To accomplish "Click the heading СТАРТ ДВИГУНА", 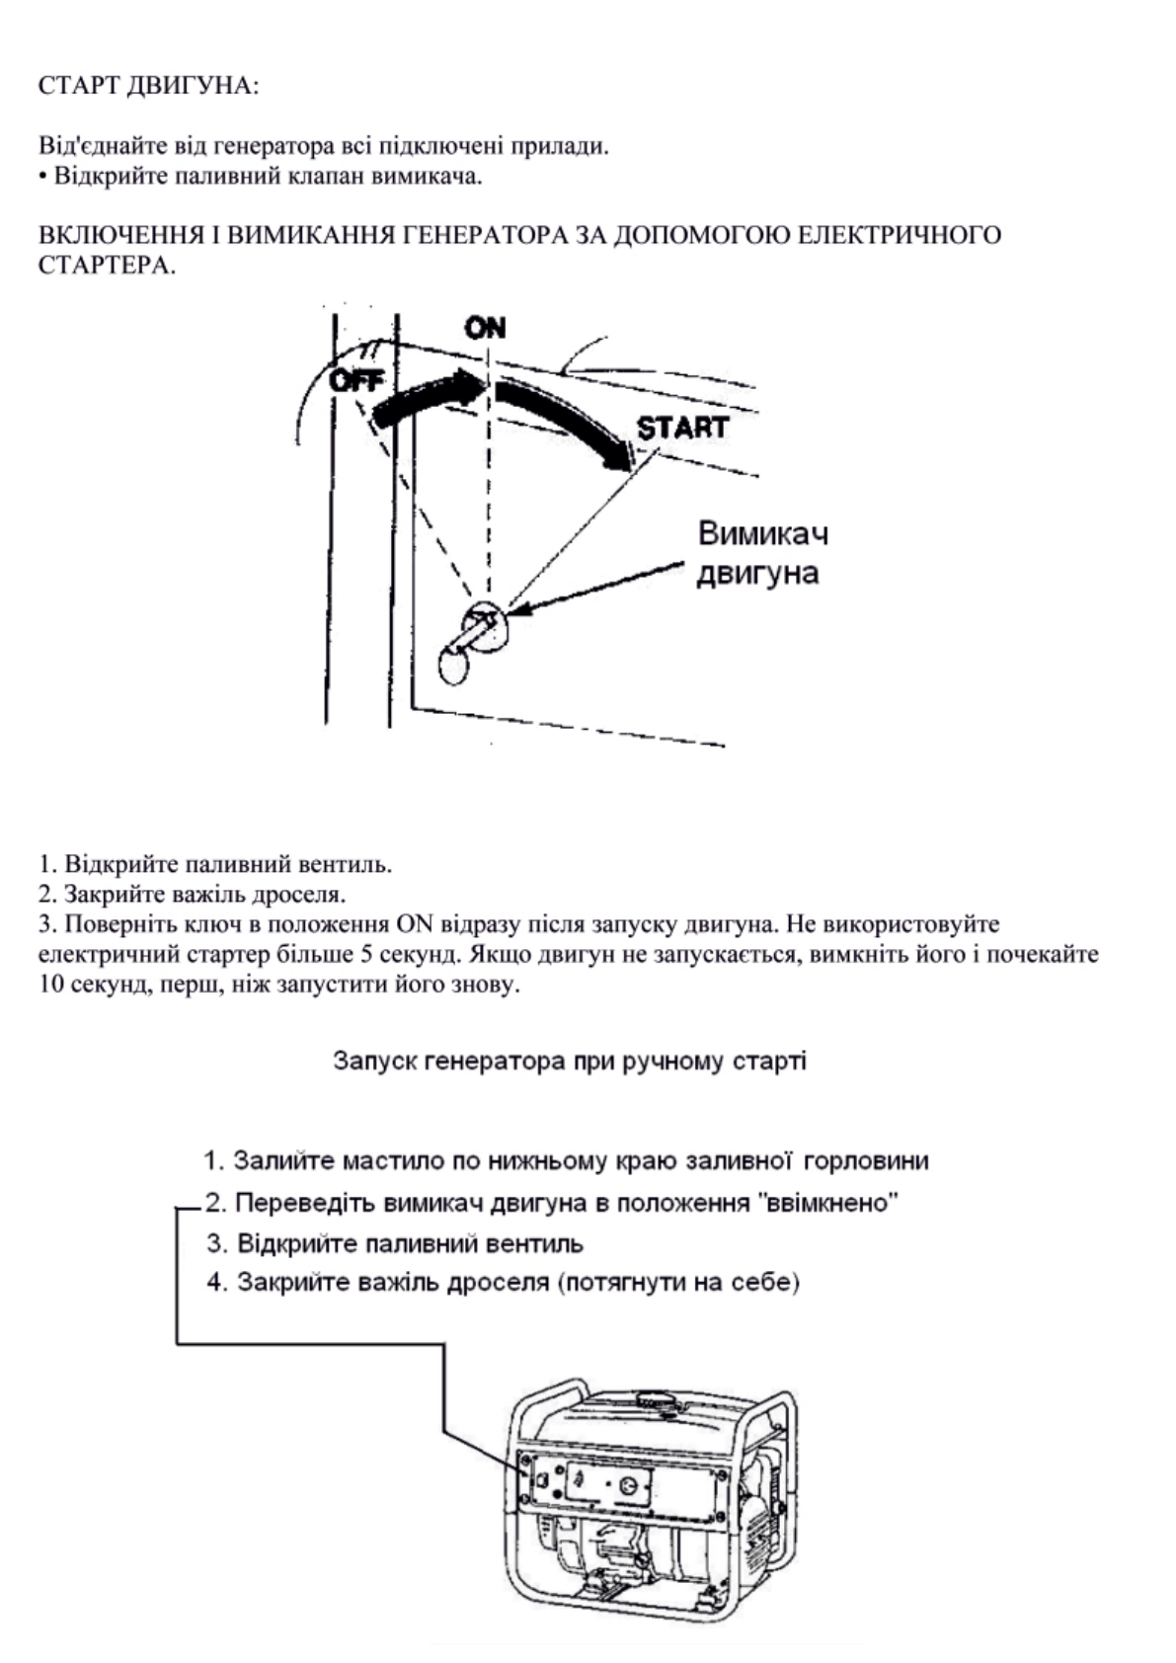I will (x=148, y=86).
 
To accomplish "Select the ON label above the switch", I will (x=485, y=327).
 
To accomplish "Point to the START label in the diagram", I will (x=682, y=428).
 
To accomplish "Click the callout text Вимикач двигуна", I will (x=761, y=553).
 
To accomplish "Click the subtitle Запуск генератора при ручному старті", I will (x=570, y=1062).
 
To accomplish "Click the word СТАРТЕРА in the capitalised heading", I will (x=107, y=267).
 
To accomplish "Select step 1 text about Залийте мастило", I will (x=566, y=1160).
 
